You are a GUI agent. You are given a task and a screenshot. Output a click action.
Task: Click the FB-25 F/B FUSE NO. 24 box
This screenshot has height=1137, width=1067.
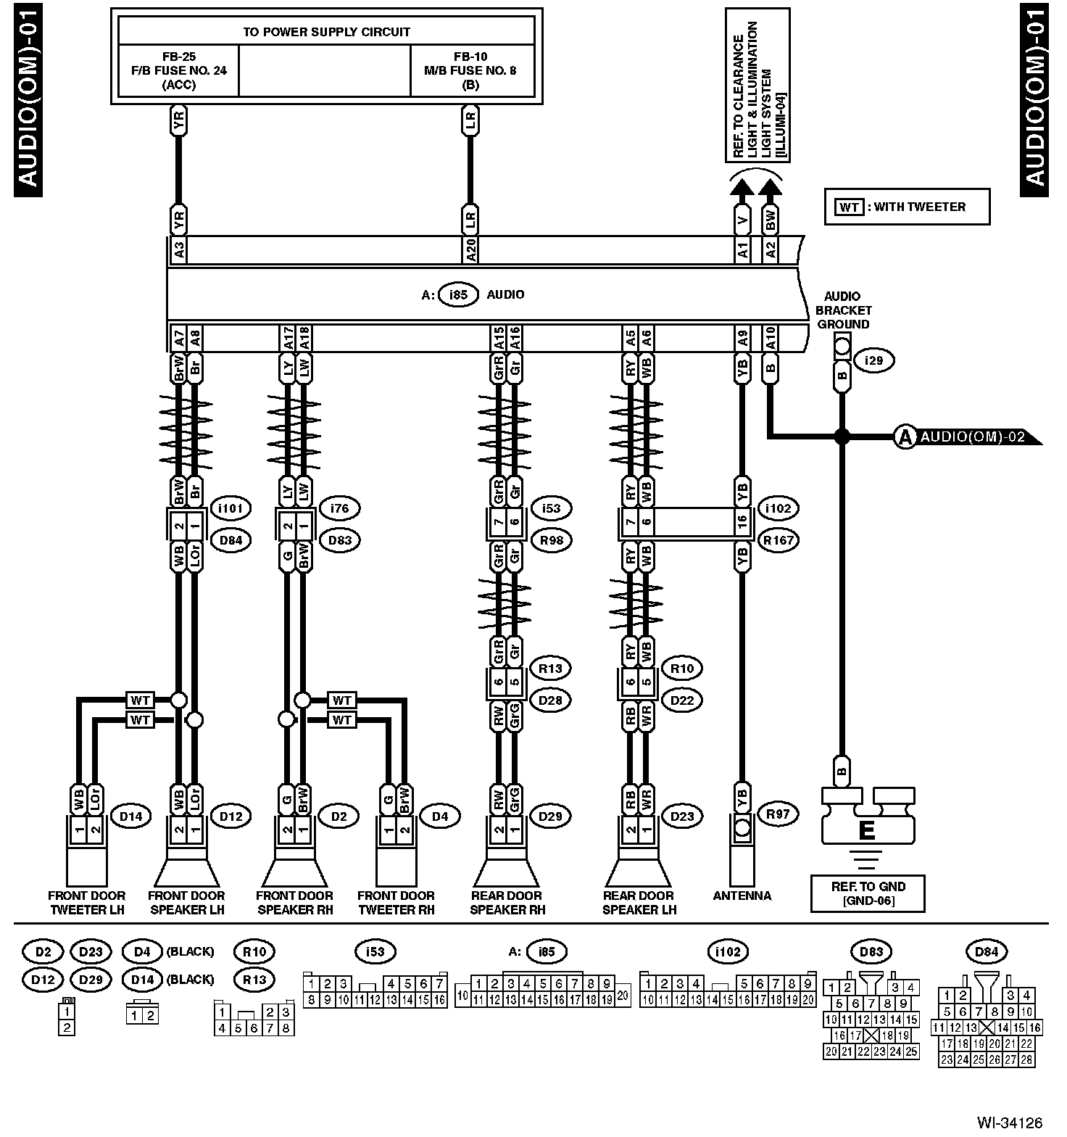pos(178,70)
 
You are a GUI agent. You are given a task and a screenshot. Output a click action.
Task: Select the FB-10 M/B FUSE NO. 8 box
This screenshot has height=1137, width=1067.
pos(470,70)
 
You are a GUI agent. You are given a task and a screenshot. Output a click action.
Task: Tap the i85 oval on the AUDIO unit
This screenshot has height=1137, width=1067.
pos(458,295)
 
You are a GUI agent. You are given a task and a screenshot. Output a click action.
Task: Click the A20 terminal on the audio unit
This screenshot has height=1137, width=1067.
pos(470,250)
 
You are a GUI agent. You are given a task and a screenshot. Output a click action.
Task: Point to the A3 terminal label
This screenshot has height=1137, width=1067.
pos(179,250)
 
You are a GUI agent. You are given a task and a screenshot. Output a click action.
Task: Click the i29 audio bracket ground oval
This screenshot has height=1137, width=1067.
pos(874,360)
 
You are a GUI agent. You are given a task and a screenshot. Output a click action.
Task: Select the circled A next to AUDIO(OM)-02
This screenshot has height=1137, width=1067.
pos(905,437)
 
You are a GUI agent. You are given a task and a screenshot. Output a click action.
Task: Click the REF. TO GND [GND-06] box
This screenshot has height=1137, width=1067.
pos(868,893)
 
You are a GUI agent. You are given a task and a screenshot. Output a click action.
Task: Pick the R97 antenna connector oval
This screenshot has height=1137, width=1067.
pos(777,814)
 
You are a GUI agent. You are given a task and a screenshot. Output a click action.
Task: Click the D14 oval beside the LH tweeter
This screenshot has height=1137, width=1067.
pos(131,816)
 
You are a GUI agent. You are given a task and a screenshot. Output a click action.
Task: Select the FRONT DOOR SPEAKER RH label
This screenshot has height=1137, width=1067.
pos(294,903)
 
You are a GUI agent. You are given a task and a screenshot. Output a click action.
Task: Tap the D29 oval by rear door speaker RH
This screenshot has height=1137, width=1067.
pos(549,816)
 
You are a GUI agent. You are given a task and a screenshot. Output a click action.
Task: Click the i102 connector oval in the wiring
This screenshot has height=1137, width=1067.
pos(777,508)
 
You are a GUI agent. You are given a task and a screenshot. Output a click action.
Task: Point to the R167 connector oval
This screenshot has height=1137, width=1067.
pos(778,540)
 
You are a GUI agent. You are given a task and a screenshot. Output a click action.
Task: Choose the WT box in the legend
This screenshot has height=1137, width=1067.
pos(848,207)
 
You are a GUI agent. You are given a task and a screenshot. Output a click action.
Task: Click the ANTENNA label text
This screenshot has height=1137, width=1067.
pos(742,896)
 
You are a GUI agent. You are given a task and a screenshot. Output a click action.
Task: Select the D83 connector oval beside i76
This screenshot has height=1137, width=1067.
pos(339,540)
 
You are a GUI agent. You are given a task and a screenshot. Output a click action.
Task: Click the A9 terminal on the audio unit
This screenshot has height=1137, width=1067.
pos(742,338)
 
